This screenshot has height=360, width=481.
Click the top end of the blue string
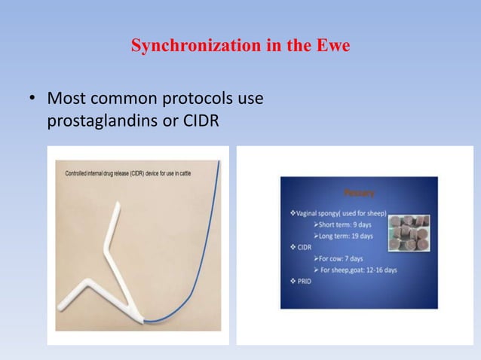click(219, 161)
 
